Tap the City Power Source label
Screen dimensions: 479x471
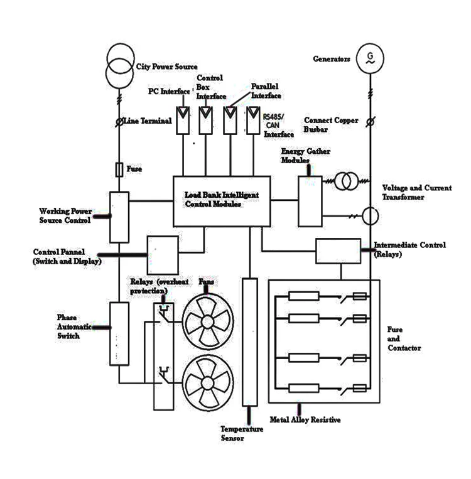point(166,67)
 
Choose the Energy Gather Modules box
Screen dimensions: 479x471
point(310,200)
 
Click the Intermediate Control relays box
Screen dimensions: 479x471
point(338,251)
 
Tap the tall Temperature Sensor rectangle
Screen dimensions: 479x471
point(250,342)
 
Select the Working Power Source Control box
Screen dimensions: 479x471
point(119,217)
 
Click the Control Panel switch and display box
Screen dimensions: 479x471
point(163,254)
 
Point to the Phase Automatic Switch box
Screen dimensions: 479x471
point(119,333)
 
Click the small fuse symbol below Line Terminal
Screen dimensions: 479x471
point(119,170)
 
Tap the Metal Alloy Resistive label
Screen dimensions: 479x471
point(305,419)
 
